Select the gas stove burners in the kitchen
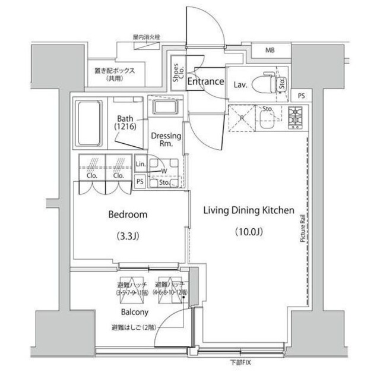coord(295,116)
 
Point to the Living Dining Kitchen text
coord(249,210)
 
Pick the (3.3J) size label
coord(127,236)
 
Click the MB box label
coord(270,50)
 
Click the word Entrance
coord(205,81)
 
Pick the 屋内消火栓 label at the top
coord(147,37)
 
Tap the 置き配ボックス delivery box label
coord(115,71)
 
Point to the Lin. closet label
coord(141,163)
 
